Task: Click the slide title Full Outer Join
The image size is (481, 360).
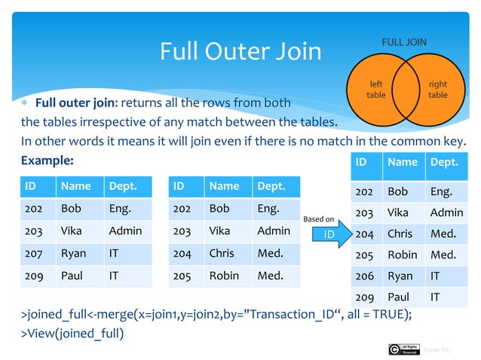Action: tap(240, 51)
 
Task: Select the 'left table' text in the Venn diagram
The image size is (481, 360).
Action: tap(376, 90)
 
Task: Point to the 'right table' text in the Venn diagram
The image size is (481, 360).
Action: tap(437, 90)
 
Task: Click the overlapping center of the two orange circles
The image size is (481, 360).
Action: tap(407, 90)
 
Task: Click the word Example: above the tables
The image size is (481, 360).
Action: tap(47, 160)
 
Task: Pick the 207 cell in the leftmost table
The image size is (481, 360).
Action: tap(35, 254)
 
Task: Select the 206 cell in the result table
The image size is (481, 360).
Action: tap(364, 276)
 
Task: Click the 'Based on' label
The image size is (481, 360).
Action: tap(318, 219)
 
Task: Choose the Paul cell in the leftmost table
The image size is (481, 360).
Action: tap(72, 276)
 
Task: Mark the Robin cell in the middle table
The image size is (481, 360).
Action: tap(223, 276)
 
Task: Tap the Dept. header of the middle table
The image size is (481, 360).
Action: tap(272, 186)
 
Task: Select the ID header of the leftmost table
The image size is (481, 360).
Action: tap(32, 186)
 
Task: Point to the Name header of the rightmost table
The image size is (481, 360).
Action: tap(402, 161)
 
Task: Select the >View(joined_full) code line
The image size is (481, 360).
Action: tap(72, 333)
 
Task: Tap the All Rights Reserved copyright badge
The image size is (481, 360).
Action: tap(403, 349)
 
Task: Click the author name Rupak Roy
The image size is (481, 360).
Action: tap(437, 349)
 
